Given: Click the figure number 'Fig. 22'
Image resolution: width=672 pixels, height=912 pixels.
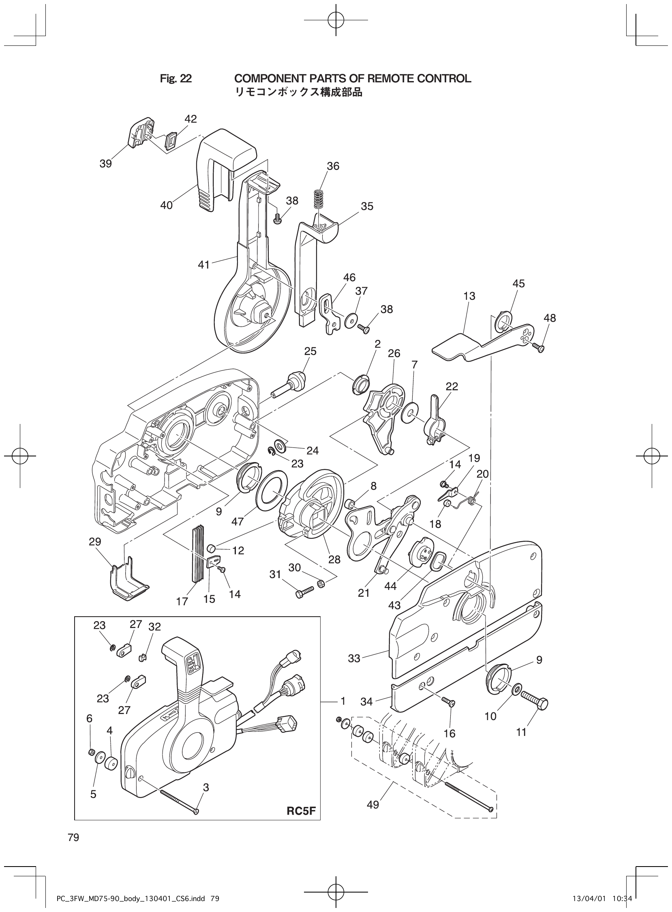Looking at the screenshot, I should tap(176, 79).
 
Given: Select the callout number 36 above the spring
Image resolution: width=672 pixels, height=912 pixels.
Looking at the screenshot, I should tap(333, 166).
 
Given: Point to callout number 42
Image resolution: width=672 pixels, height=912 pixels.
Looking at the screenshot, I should tap(190, 119).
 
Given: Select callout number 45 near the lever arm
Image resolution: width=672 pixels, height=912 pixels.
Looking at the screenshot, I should tap(519, 283).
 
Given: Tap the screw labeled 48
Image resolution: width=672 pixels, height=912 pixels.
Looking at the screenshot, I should tap(538, 347).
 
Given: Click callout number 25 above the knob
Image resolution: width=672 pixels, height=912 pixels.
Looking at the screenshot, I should tap(310, 351).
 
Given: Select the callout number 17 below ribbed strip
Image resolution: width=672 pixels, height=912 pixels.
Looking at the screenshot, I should tap(182, 601).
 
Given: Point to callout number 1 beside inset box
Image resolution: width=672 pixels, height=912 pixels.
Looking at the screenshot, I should tap(343, 701).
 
